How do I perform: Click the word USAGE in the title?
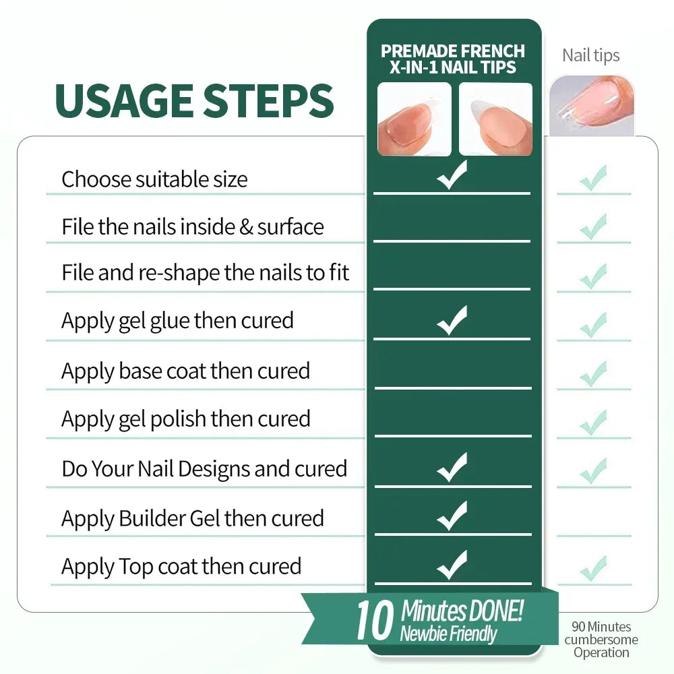click(x=124, y=100)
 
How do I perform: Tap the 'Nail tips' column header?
click(x=590, y=56)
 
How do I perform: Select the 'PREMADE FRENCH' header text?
click(x=453, y=51)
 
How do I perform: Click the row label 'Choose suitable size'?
click(x=154, y=179)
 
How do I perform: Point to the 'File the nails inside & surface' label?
click(x=193, y=226)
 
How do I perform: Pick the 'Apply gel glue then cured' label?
click(x=177, y=321)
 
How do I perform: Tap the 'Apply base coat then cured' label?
click(x=186, y=371)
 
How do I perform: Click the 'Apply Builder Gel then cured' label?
click(x=193, y=518)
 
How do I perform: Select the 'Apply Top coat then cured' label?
click(x=181, y=567)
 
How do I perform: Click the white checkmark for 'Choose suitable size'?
click(x=452, y=175)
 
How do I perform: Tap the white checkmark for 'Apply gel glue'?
click(x=452, y=321)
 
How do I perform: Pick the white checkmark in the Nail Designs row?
click(x=452, y=468)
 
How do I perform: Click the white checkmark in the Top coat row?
click(x=452, y=565)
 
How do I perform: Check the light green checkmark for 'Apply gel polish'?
click(x=593, y=423)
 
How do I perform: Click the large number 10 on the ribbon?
click(x=375, y=620)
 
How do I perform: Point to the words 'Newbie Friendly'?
click(x=448, y=634)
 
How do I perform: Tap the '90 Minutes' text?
click(x=601, y=626)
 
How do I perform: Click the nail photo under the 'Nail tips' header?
click(x=592, y=106)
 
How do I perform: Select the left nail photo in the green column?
click(x=415, y=119)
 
